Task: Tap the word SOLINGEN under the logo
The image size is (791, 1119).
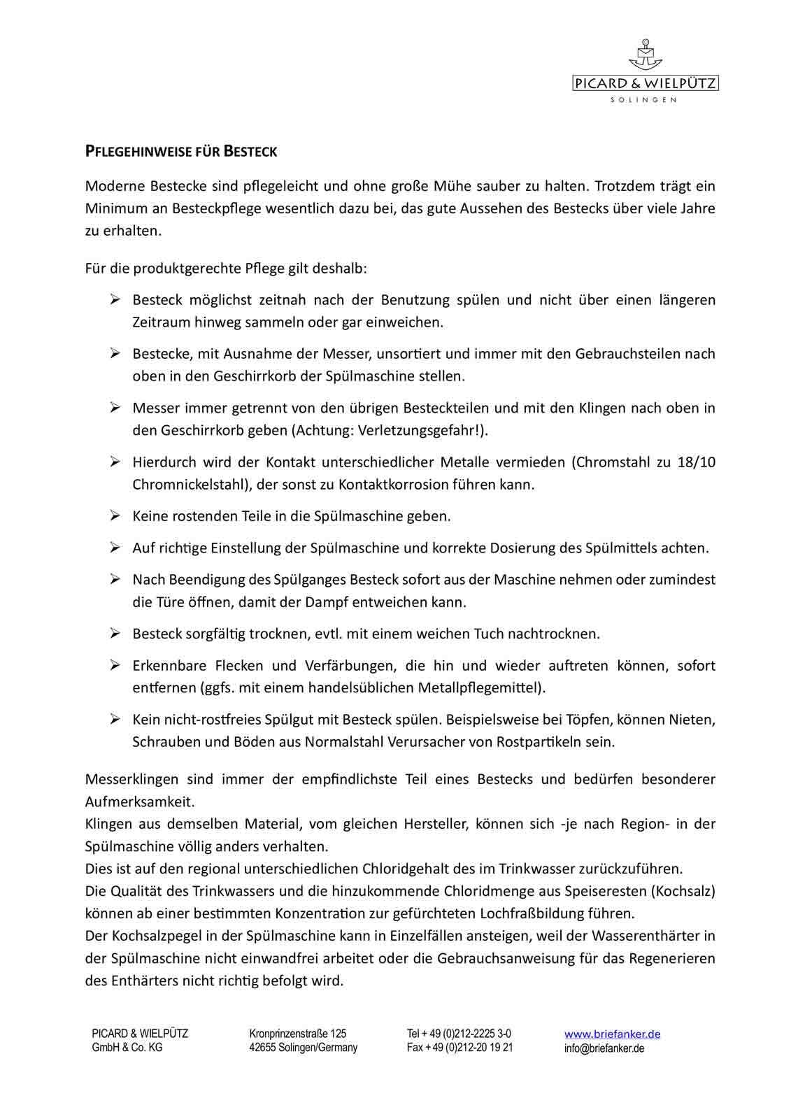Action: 643,100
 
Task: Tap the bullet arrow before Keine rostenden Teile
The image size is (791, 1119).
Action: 115,516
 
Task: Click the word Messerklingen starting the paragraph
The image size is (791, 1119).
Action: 131,779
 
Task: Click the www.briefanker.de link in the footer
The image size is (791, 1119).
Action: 612,1034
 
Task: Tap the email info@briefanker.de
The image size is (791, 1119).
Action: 604,1048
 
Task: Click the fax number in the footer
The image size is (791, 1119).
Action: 459,1048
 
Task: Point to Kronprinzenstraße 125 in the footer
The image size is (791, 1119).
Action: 297,1034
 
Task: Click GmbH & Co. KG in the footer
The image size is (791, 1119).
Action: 127,1048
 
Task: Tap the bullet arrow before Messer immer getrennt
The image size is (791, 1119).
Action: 115,408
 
